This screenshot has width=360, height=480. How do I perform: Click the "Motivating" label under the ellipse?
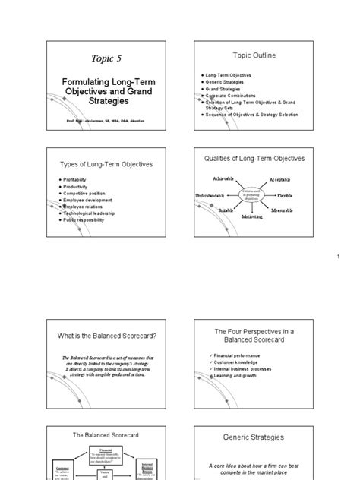click(x=252, y=216)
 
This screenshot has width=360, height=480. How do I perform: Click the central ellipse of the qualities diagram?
click(x=251, y=194)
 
